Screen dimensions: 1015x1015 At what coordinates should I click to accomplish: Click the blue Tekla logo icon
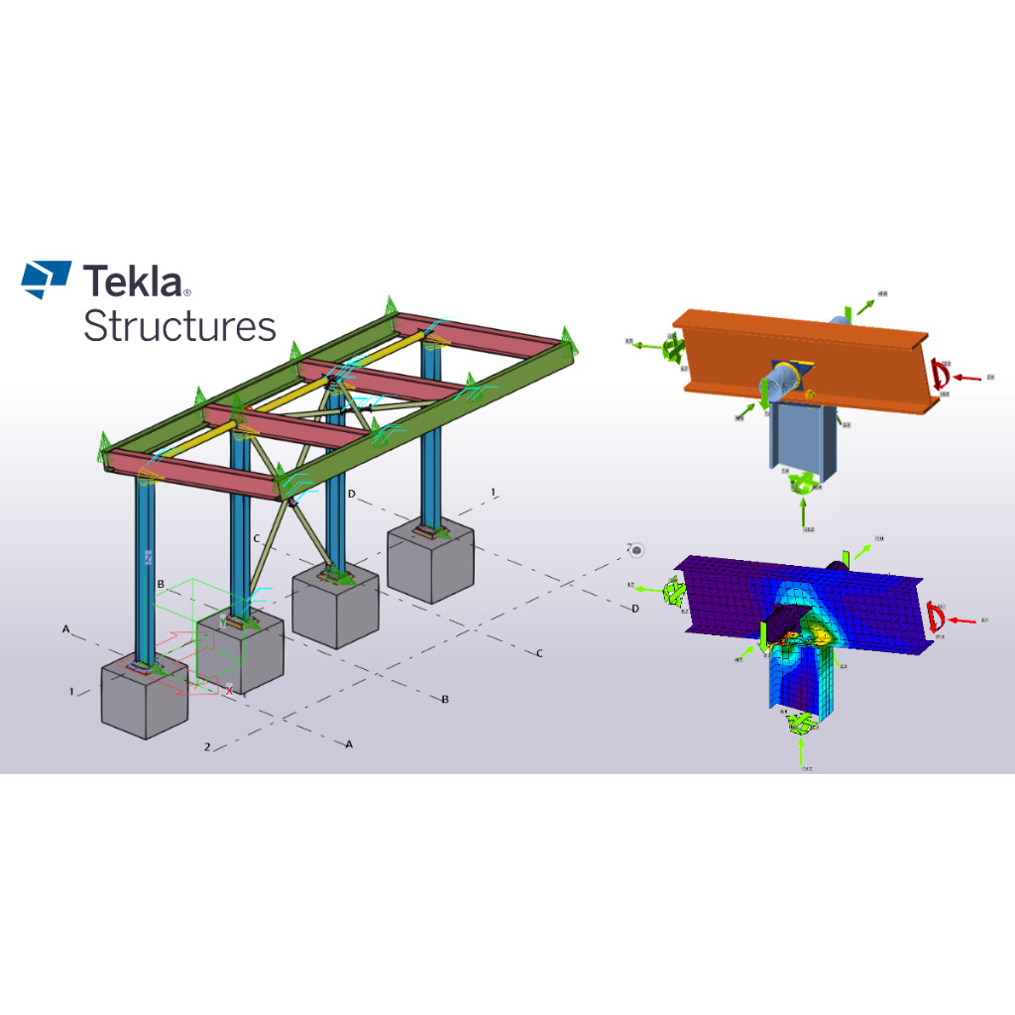pyautogui.click(x=47, y=279)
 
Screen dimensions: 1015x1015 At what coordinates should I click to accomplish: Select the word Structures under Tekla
pyautogui.click(x=179, y=325)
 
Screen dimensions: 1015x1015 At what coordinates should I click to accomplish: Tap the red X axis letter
pyautogui.click(x=230, y=690)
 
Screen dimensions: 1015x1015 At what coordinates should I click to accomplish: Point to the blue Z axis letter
pyautogui.click(x=148, y=559)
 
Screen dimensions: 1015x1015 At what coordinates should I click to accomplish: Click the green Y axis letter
pyautogui.click(x=223, y=645)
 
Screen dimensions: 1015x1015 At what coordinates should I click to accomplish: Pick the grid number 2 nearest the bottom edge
pyautogui.click(x=207, y=746)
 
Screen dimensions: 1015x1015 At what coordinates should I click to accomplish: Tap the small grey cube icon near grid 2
pyautogui.click(x=637, y=549)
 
